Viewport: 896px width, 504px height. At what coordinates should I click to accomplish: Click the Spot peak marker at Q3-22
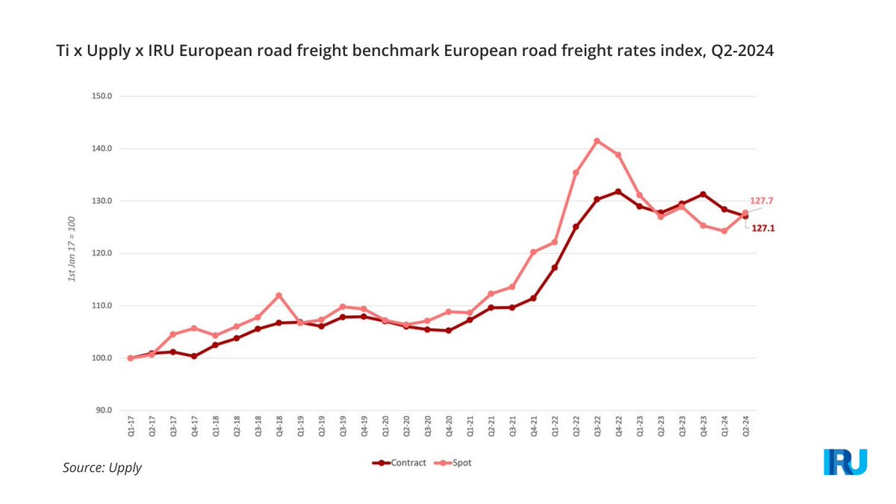tap(597, 141)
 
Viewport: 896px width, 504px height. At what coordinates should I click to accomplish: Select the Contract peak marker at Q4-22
tap(617, 192)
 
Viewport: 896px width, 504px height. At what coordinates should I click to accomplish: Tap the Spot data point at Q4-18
tap(279, 296)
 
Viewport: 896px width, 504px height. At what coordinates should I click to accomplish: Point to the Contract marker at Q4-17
tap(194, 356)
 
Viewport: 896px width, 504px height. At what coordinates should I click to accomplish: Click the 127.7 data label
tap(761, 201)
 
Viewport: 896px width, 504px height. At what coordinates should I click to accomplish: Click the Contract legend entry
tap(399, 463)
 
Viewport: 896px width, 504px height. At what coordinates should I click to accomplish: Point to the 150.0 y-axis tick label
tap(101, 96)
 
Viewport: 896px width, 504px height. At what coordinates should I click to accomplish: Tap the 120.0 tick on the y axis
tap(101, 254)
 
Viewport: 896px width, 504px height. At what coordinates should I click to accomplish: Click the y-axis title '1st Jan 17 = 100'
tap(72, 254)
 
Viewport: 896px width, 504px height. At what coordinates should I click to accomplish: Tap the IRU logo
tap(845, 462)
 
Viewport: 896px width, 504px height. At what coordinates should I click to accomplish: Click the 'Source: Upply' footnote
tap(102, 468)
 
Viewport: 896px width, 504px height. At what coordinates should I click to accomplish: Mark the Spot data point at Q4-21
tap(533, 252)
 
